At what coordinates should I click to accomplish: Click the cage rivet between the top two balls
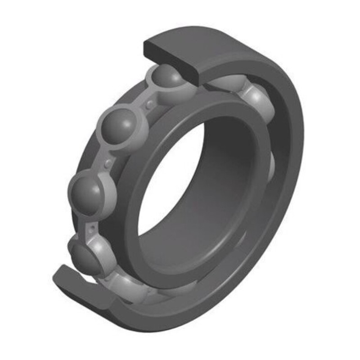pyautogui.click(x=149, y=104)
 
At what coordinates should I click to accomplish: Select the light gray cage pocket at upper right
pyautogui.click(x=256, y=101)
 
